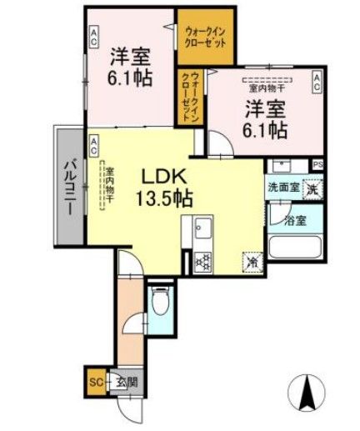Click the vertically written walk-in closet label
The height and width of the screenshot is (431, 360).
pyautogui.click(x=189, y=97)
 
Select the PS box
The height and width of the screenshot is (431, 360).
pyautogui.click(x=318, y=164)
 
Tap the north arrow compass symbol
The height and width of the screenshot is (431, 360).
pyautogui.click(x=310, y=391)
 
